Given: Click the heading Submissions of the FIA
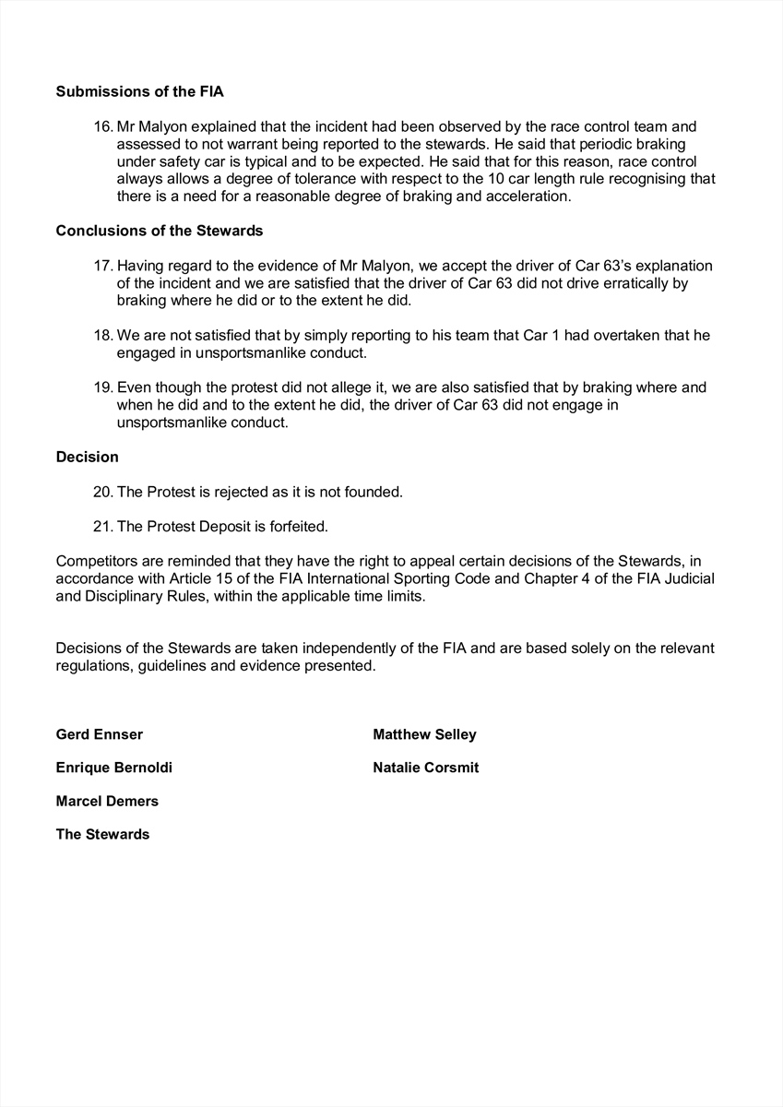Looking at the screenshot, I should [139, 91].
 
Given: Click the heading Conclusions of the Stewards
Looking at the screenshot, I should [160, 231].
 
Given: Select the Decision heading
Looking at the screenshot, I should [87, 457].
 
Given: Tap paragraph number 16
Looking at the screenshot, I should [103, 126].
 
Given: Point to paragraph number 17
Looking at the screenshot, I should [103, 266].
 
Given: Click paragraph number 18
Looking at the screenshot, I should [103, 336].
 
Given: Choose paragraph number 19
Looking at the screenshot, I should [103, 387].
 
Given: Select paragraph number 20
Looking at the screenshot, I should [103, 492].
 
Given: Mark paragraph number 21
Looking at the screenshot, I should [103, 527].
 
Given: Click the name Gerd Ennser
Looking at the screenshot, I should [100, 734].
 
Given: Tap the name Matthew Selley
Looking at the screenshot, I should [424, 734].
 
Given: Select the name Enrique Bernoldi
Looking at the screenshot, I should [113, 768].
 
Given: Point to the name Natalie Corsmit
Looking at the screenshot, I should [426, 768].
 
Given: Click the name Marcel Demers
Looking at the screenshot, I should [107, 801].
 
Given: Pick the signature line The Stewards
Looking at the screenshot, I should [102, 834].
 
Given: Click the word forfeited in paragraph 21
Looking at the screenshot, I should [297, 527].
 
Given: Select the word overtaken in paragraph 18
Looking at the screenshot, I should [577, 336].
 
